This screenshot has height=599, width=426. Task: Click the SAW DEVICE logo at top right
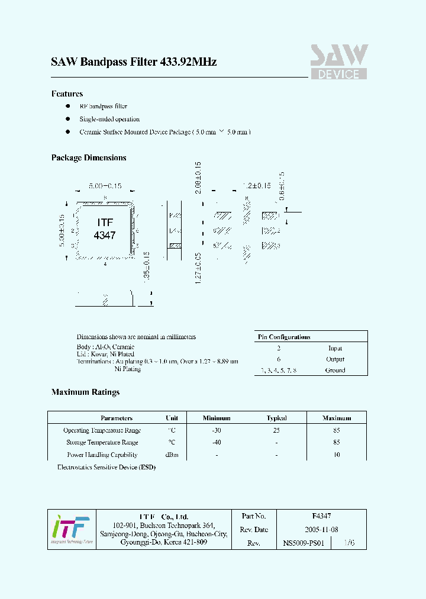point(339,62)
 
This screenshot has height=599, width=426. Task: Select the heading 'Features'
point(67,94)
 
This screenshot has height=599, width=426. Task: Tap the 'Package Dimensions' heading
point(89,158)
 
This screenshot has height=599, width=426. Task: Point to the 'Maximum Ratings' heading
point(85,392)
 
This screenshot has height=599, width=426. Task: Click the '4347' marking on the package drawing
point(105,235)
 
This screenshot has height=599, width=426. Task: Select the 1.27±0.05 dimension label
point(198,268)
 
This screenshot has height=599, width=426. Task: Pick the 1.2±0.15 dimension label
point(257,186)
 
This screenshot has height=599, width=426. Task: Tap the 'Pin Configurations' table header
point(284,337)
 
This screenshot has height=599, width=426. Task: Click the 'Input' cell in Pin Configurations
point(335,348)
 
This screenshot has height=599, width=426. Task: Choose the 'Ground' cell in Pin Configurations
point(335,371)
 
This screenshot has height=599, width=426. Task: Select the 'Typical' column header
point(276,418)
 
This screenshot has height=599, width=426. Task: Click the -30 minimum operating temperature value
point(217,431)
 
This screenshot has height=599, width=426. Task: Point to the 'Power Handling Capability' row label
point(102,455)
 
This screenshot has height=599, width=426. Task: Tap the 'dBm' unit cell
point(172,455)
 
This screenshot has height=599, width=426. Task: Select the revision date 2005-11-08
point(321,530)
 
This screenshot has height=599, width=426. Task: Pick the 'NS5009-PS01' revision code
point(304,543)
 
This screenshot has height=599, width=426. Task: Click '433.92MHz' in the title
point(188,62)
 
